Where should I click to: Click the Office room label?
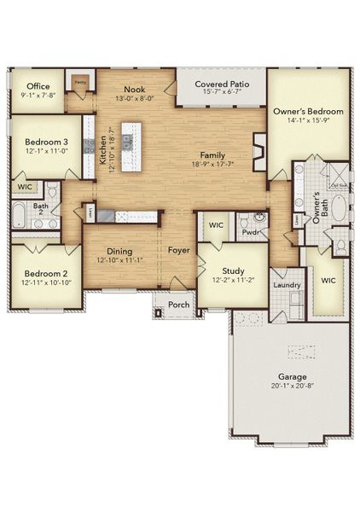pos(38,86)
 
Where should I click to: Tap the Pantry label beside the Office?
pos(80,82)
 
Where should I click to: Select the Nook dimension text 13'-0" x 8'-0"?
pos(134,98)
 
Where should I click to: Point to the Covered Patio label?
pos(222,84)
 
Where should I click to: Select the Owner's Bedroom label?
pos(308,112)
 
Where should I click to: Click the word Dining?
pos(119,251)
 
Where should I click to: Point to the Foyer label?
pos(178,251)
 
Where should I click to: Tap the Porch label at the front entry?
pos(178,305)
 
